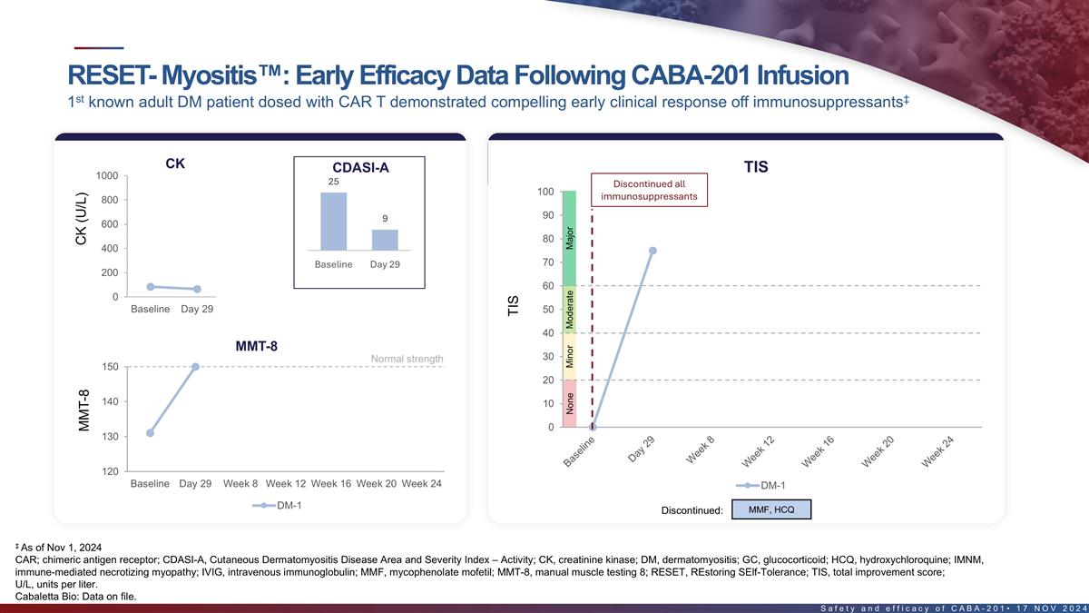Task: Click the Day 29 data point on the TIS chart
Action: click(x=652, y=251)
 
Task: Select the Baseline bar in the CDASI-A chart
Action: click(x=333, y=221)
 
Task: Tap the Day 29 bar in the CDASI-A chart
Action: click(x=385, y=239)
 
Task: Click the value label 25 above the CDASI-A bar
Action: click(x=333, y=182)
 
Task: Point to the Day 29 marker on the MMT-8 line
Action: click(x=195, y=367)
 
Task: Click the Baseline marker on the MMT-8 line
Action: click(x=150, y=433)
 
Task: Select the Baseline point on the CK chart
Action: click(x=150, y=286)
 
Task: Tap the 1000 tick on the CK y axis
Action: click(x=106, y=175)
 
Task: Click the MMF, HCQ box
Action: click(x=770, y=509)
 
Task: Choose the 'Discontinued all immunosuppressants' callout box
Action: click(x=649, y=190)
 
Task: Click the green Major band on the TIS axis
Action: click(x=570, y=238)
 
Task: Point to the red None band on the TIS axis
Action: click(x=570, y=403)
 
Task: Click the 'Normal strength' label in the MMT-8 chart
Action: click(x=407, y=359)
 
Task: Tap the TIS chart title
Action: click(x=755, y=167)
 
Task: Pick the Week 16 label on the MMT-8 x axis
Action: click(x=330, y=483)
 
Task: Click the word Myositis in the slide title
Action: click(x=202, y=74)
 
